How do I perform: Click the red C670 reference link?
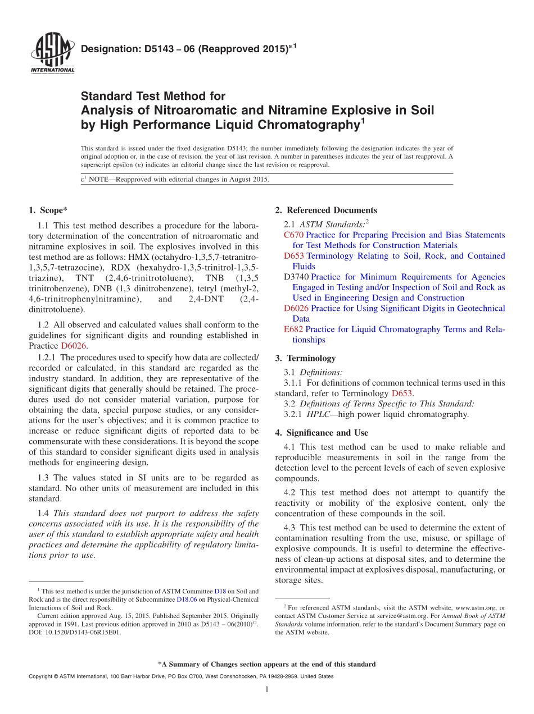pos(293,235)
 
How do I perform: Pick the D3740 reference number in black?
pos(296,277)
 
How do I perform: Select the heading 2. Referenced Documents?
pos(326,210)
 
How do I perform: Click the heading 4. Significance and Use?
pos(322,433)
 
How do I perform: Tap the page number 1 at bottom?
pos(267,689)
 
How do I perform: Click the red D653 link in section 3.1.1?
pos(402,393)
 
